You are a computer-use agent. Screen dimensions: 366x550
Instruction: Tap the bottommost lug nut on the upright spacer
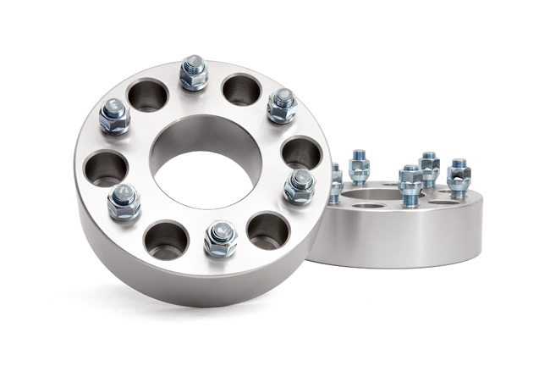pos(220,239)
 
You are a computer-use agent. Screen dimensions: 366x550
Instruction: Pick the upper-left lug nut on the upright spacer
pos(114,115)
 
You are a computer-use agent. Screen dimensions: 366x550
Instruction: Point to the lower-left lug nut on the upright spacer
pos(124,202)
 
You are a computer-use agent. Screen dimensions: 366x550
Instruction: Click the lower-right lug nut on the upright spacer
pos(299,186)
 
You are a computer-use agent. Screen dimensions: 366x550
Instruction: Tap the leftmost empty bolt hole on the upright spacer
pos(105,168)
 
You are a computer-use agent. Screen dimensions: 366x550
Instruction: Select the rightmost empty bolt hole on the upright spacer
pos(301,152)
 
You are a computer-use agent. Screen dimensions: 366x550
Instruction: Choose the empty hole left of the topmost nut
pos(147,94)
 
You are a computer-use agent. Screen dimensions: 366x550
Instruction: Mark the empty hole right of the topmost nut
pos(242,89)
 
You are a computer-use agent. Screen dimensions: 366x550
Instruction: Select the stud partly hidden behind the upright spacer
pos(336,182)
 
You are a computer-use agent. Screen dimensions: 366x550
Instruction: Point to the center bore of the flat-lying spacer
pos(369,204)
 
